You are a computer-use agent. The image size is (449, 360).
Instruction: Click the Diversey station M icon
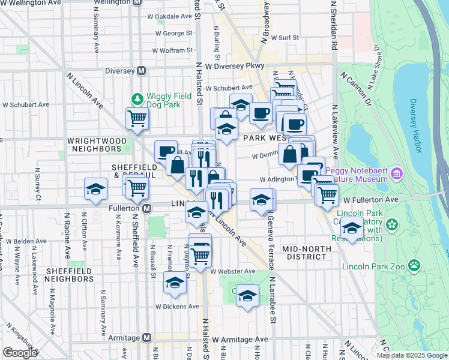click(142, 70)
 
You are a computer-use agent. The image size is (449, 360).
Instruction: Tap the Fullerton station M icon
click(146, 208)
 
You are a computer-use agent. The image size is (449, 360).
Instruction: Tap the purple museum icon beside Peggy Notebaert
click(395, 175)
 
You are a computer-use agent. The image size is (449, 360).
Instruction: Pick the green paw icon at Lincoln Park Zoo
click(414, 265)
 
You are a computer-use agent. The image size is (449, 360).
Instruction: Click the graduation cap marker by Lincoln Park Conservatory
click(352, 228)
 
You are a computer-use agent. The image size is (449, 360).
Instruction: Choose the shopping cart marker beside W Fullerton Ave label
click(327, 194)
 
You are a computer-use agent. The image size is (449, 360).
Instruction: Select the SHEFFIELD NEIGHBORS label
click(68, 275)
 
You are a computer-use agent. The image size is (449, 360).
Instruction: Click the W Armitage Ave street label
click(239, 340)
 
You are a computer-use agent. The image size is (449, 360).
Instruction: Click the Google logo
click(20, 352)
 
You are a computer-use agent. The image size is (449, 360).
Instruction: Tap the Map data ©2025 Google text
click(412, 355)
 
